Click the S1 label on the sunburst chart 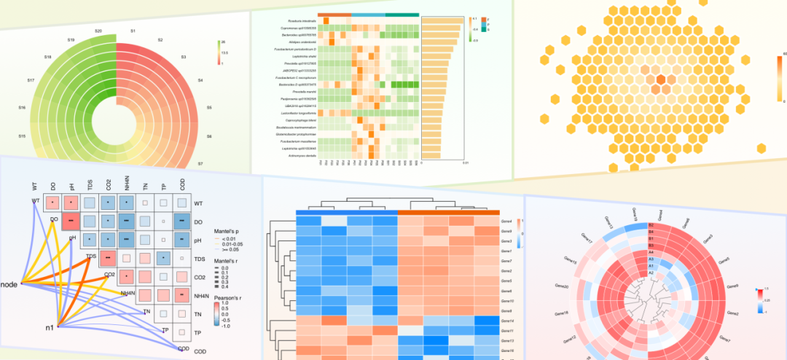click(x=133, y=32)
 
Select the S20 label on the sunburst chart click(x=98, y=31)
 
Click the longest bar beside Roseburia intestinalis click(x=442, y=21)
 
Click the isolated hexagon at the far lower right click(x=761, y=149)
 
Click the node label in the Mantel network click(x=9, y=282)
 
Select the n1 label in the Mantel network click(x=49, y=327)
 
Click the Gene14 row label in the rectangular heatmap click(x=507, y=321)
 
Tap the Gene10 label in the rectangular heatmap click(x=507, y=301)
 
